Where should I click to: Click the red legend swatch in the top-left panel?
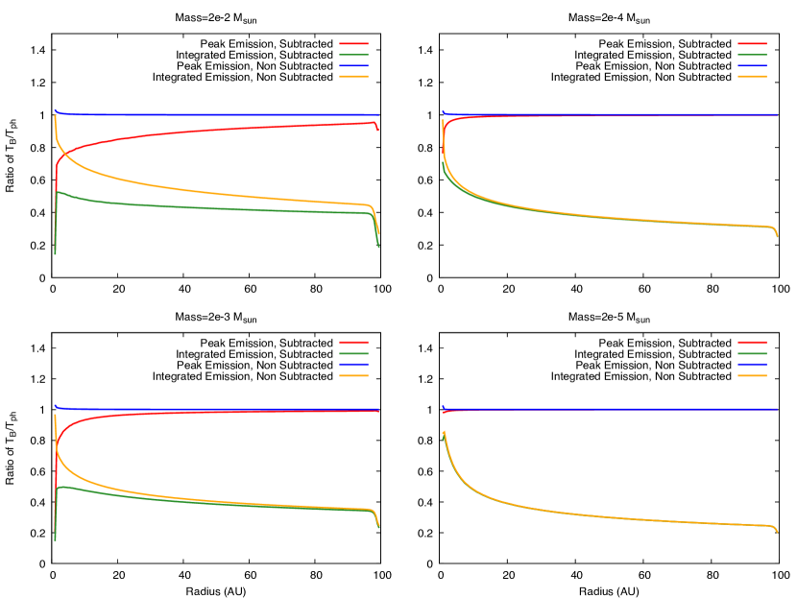(353, 44)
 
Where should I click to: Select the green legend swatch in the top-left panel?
(353, 55)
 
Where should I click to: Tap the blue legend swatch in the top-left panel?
(353, 65)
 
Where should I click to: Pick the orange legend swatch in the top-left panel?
(353, 76)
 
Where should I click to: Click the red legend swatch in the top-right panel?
(752, 44)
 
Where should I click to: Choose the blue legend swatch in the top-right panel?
(752, 65)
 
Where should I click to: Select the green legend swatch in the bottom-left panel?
(353, 353)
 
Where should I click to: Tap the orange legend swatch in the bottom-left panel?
(353, 375)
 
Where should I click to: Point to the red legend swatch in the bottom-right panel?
(752, 342)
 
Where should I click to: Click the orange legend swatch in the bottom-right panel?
(752, 375)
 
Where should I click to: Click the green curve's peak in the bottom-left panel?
(61, 487)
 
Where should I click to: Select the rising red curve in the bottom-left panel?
(144, 415)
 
